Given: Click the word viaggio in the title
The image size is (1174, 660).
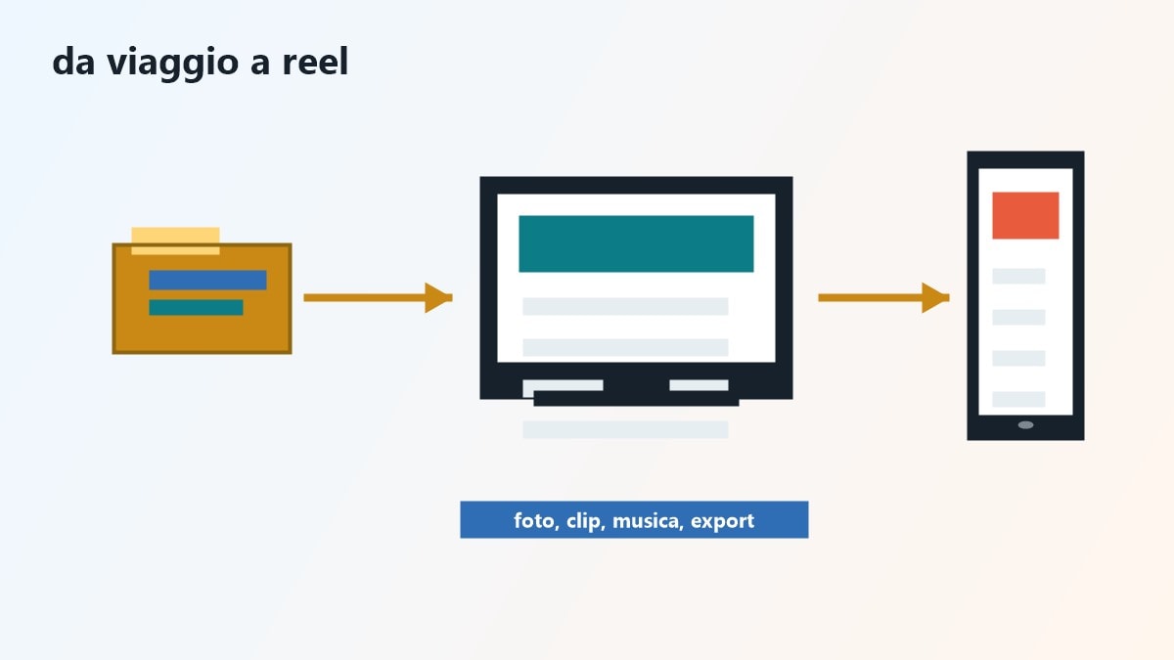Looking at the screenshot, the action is [x=172, y=63].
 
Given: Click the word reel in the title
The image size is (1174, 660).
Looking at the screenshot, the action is [x=315, y=62].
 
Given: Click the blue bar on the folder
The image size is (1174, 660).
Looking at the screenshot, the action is [x=207, y=280].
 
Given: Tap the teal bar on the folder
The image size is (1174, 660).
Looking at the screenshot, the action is [x=196, y=307].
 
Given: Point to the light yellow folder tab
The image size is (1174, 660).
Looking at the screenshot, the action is [x=175, y=241].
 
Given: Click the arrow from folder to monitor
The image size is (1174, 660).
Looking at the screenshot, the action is [x=378, y=298].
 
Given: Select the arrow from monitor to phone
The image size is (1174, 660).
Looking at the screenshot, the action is [x=883, y=298].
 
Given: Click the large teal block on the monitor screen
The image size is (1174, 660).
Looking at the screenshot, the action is [x=636, y=243].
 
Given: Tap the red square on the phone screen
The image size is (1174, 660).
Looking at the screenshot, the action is [x=1025, y=215].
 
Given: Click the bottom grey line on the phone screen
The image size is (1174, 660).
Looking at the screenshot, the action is [x=1018, y=399].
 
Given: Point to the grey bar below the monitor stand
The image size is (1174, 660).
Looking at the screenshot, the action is [x=625, y=429].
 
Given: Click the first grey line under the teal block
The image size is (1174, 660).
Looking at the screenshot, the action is [x=625, y=306].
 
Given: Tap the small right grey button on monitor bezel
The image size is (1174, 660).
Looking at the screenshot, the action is [x=699, y=385].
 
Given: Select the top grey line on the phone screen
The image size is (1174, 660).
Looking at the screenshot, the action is [x=1018, y=276].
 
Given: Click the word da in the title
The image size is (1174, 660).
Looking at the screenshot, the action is [x=74, y=62].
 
